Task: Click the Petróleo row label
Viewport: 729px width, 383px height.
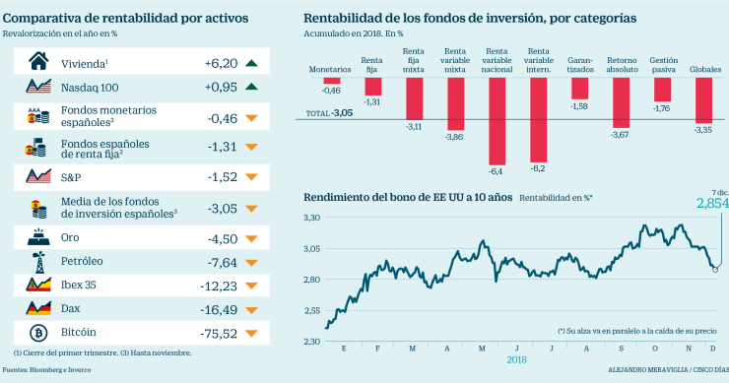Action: click(83, 261)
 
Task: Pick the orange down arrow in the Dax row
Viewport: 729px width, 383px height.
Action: click(251, 308)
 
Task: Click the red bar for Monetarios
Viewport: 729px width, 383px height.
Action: click(331, 84)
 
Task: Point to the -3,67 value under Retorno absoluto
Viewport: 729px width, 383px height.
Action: click(620, 134)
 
